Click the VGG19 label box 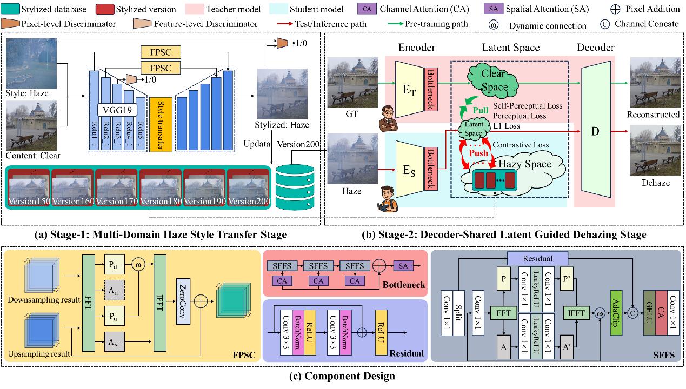117,110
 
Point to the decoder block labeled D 596,131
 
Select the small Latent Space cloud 474,129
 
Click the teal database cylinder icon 295,187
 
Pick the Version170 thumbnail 117,187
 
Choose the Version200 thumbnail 249,187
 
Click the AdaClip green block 615,313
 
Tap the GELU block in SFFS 649,313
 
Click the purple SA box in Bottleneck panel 402,266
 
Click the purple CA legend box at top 367,9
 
